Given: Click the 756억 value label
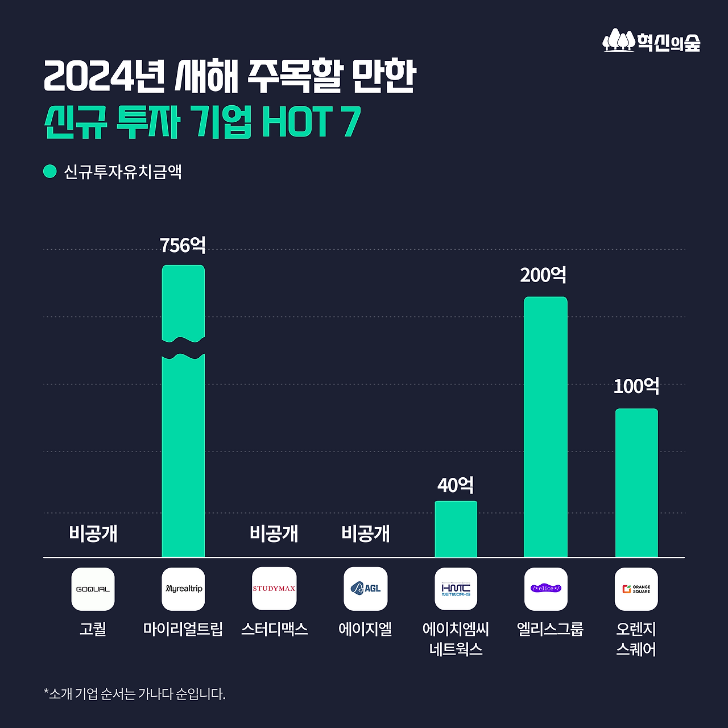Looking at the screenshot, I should click(183, 245).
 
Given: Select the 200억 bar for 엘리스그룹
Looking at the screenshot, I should click(545, 427).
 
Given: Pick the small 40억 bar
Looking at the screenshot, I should click(456, 529).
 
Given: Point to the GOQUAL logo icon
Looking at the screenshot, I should click(93, 589).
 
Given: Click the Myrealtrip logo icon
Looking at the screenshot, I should click(183, 589).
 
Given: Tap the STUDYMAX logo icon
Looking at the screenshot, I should click(274, 589).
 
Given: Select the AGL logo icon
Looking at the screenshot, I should click(365, 589).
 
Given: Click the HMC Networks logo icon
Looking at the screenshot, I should click(456, 589).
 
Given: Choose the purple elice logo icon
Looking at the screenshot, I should click(545, 589).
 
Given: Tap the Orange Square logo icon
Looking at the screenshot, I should click(636, 589).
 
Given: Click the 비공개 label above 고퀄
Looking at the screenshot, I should click(93, 533).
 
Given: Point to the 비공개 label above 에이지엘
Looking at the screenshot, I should click(365, 533).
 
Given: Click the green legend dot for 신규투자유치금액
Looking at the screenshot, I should click(50, 171).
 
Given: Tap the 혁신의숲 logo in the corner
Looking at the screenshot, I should click(651, 41).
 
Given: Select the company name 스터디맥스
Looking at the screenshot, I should click(274, 629).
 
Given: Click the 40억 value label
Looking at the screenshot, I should click(456, 485).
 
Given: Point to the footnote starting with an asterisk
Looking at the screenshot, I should click(135, 694).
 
